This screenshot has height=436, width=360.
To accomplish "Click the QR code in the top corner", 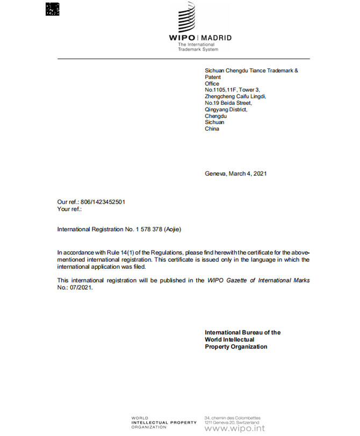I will pos(53,9).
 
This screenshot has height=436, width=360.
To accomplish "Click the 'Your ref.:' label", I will pos(69,209).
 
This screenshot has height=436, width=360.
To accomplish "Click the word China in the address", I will pos(212,128).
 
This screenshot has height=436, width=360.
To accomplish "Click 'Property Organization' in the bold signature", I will pos(236,347).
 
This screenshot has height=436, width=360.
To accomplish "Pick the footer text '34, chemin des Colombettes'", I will pos(233,417).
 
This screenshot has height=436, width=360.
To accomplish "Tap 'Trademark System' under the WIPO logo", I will pos(198,49).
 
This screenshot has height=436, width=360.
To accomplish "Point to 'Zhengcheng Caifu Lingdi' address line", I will pos(235,96).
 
